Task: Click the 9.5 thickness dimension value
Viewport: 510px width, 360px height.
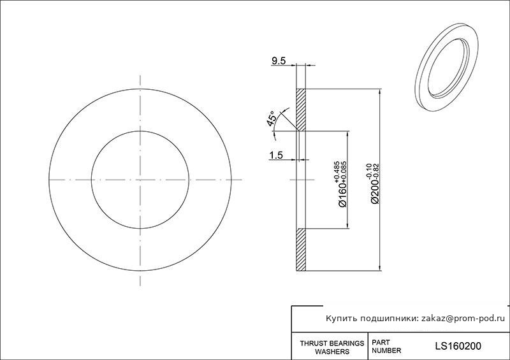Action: [279, 61]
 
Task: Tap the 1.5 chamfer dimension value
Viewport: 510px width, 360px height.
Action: [276, 155]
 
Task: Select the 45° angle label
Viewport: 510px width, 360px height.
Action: [272, 119]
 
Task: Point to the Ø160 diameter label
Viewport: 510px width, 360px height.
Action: [343, 194]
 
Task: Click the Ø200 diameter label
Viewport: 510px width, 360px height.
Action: [375, 191]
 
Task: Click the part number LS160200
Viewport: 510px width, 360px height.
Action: [458, 347]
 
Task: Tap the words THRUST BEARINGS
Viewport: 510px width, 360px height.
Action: [331, 343]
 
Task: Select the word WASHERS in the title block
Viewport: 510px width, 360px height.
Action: [332, 352]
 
